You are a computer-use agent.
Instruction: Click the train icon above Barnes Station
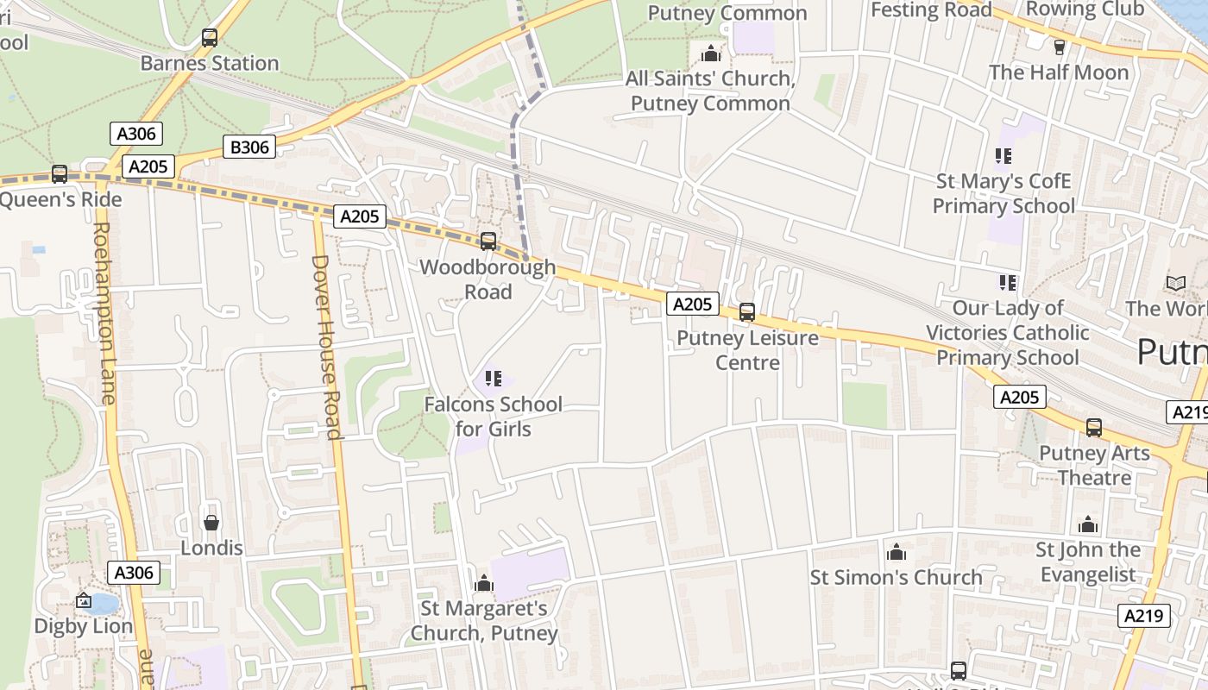[210, 38]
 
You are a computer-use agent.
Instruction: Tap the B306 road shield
[249, 147]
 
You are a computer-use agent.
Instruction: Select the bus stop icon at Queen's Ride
[60, 174]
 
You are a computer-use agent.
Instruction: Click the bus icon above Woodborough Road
[488, 241]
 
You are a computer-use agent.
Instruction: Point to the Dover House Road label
[324, 347]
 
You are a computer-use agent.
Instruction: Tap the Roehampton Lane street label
[104, 313]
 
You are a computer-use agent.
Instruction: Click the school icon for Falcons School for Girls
[494, 379]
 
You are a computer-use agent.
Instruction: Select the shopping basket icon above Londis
[211, 523]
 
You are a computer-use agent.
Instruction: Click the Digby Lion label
[84, 626]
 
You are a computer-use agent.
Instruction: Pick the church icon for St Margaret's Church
[484, 584]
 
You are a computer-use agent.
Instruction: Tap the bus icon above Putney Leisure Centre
[747, 312]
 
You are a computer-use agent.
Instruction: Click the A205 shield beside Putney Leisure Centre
[692, 304]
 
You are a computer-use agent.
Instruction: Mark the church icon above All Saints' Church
[711, 53]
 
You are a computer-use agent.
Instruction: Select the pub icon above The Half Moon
[1060, 47]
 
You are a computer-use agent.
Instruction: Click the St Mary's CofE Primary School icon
[1004, 156]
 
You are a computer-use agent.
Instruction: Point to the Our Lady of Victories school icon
[1008, 283]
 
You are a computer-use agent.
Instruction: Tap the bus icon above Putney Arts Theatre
[1094, 428]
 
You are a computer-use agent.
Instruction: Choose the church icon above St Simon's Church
[897, 552]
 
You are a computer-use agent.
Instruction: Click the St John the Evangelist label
[1087, 562]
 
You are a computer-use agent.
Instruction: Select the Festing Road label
[931, 10]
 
